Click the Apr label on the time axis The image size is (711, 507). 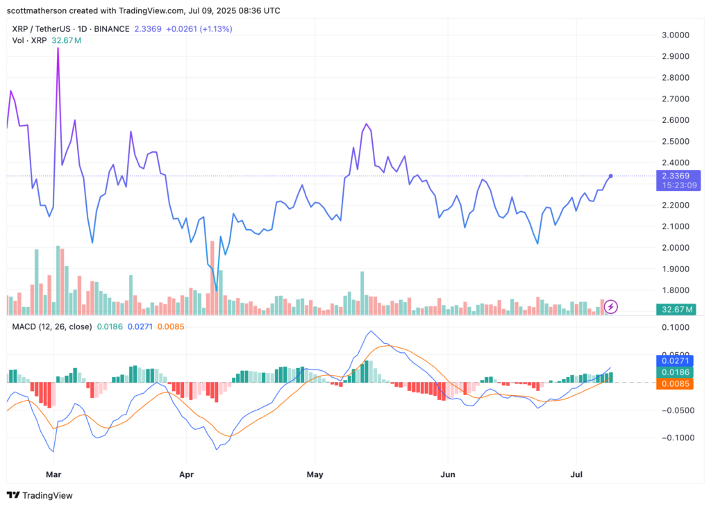186,476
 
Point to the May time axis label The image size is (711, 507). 315,476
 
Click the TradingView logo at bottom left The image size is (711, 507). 40,495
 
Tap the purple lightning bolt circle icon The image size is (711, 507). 611,306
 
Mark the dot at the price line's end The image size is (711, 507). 610,176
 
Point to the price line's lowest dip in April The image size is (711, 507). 217,290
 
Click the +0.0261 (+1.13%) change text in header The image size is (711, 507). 199,29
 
